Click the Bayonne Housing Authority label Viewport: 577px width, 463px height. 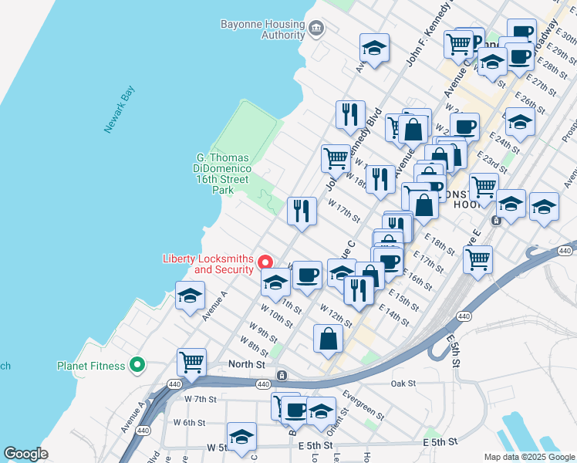coord(262,29)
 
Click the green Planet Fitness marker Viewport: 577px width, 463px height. coord(137,365)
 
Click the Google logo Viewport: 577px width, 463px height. coord(26,453)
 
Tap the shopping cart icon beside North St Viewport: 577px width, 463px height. coord(191,360)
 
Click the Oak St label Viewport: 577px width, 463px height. coord(403,383)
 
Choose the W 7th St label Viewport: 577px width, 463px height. coord(201,399)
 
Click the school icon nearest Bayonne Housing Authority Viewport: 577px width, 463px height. coord(374,49)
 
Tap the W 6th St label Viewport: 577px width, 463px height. coord(189,422)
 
